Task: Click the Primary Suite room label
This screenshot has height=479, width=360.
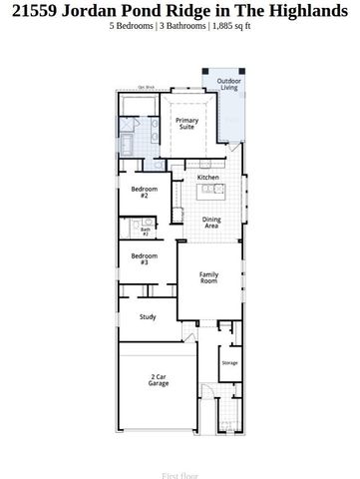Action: coord(187,124)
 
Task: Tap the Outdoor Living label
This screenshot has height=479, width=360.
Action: coord(229,84)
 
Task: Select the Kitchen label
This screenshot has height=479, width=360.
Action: coord(207,178)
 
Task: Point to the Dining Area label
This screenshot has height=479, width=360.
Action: coord(211,223)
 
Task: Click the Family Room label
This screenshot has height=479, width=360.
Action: coord(208,278)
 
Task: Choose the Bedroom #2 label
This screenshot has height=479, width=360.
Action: coord(139,192)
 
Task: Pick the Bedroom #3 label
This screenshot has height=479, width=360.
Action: coord(139,258)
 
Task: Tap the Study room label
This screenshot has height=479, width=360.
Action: coord(148,317)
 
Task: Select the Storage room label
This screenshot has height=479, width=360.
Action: coord(229,362)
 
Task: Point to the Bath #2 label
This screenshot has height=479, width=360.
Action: coord(145,231)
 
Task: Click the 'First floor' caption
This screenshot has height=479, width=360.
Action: coord(180,476)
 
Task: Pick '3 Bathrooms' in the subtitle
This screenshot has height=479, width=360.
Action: coord(182,28)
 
